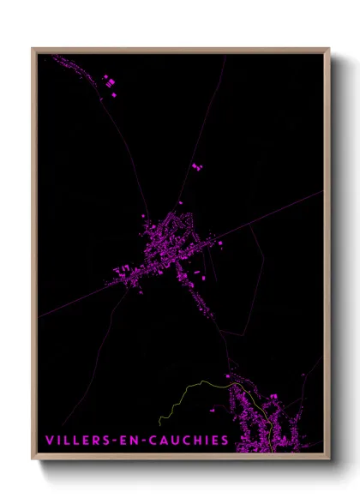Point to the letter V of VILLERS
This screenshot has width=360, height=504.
click(x=49, y=441)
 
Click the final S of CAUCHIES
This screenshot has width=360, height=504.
click(x=225, y=441)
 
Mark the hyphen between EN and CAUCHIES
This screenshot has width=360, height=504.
click(x=142, y=441)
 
